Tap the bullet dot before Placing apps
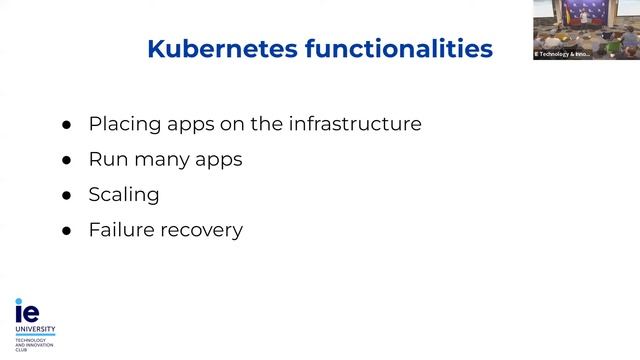tap(67, 126)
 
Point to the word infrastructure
tap(354, 125)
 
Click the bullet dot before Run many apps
tap(67, 160)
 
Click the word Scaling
tap(123, 195)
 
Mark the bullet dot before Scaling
tap(67, 196)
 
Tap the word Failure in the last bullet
tap(120, 229)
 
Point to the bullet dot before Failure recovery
tap(67, 231)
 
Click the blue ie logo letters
tap(26, 309)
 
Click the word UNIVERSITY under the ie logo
tap(35, 328)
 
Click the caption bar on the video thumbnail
tap(562, 54)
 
